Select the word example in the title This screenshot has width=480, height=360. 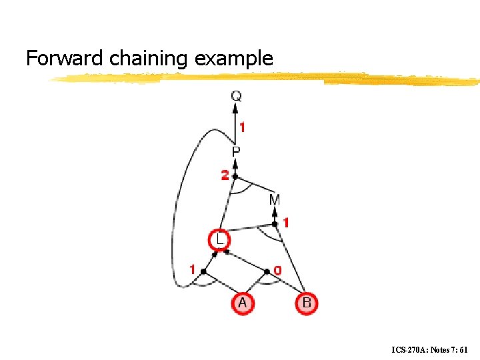pos(234,59)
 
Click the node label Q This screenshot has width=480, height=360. pos(237,96)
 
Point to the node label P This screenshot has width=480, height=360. pos(236,153)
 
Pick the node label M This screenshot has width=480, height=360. pos(275,199)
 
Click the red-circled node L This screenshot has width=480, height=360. pos(219,239)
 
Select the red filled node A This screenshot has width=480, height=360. pos(242,303)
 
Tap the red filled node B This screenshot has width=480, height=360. pos(307,303)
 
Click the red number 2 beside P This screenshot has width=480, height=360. pos(225,175)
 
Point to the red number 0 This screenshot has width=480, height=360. pos(277,271)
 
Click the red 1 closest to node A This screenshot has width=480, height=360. pos(193,270)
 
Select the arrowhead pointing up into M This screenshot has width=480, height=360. pos(275,212)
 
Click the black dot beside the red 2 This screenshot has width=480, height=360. pos(234,176)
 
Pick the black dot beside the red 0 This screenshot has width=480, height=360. pos(267,271)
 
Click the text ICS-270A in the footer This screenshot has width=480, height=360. pos(408,349)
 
